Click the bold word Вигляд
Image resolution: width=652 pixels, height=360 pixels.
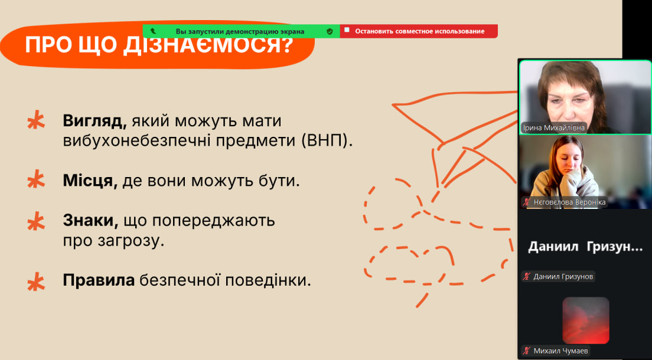tap(95, 121)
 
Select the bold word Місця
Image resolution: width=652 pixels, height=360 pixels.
tap(90, 181)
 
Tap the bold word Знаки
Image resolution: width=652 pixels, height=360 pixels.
tap(90, 220)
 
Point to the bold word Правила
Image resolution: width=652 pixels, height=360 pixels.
tap(99, 280)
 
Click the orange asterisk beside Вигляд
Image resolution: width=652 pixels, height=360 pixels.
tap(36, 120)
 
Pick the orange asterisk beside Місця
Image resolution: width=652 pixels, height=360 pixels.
tap(36, 180)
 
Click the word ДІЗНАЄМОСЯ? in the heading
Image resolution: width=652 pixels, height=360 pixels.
tap(208, 45)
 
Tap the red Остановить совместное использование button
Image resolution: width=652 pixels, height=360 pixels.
tap(419, 31)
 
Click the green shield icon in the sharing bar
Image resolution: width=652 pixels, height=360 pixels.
tap(330, 31)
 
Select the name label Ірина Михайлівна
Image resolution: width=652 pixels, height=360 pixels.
tap(554, 128)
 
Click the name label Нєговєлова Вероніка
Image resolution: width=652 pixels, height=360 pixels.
tap(565, 202)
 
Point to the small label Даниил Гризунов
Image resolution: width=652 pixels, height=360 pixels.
tap(558, 276)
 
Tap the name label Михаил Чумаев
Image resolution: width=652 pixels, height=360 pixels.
tap(556, 351)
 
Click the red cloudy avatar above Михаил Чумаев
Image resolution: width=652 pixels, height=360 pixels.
tap(585, 320)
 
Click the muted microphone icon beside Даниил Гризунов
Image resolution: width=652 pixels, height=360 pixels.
tap(527, 276)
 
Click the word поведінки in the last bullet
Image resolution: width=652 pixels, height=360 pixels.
tap(268, 280)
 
